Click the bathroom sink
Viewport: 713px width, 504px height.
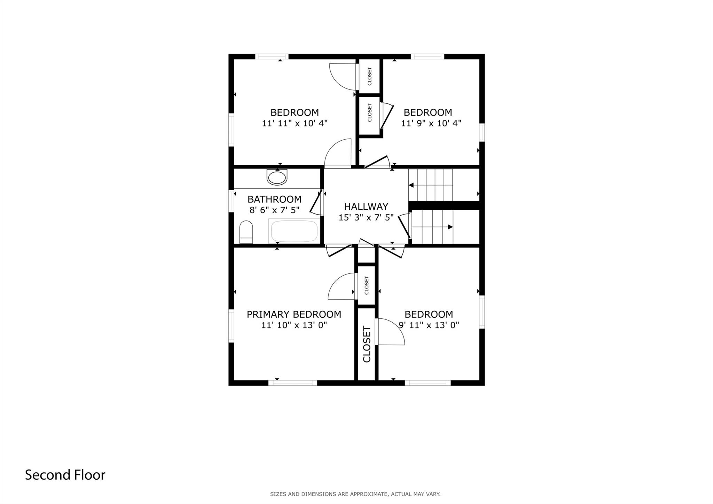pyautogui.click(x=277, y=177)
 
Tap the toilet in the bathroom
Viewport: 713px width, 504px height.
pyautogui.click(x=246, y=232)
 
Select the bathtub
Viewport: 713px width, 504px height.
pyautogui.click(x=294, y=231)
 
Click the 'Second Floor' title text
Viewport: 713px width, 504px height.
pyautogui.click(x=65, y=475)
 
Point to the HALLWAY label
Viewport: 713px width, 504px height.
pyautogui.click(x=366, y=207)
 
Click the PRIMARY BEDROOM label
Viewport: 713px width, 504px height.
pyautogui.click(x=294, y=315)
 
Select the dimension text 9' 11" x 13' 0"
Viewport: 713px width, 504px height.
pyautogui.click(x=429, y=325)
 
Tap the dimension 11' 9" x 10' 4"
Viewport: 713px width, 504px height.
pyautogui.click(x=431, y=123)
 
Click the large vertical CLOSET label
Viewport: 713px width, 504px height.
pyautogui.click(x=367, y=344)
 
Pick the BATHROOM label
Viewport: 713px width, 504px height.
pyautogui.click(x=274, y=199)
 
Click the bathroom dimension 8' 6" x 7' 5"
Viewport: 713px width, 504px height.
pyautogui.click(x=274, y=210)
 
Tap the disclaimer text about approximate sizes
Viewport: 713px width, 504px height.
pyautogui.click(x=355, y=494)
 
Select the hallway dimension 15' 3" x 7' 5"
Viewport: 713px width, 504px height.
pyautogui.click(x=366, y=217)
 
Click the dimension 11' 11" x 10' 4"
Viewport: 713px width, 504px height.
pyautogui.click(x=295, y=123)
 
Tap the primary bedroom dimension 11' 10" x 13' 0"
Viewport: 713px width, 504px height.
pyautogui.click(x=294, y=325)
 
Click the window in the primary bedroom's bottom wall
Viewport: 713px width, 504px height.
pyautogui.click(x=293, y=383)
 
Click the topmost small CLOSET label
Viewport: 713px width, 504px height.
pyautogui.click(x=370, y=76)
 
